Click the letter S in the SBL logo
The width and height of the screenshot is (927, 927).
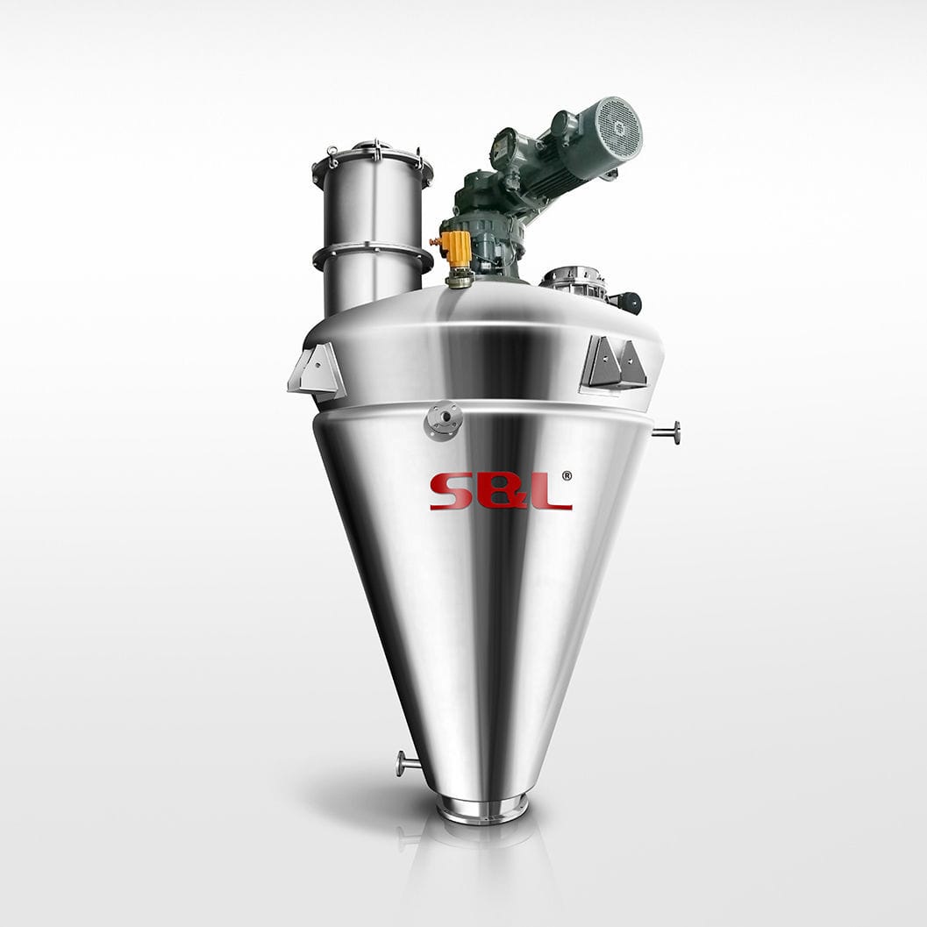click(448, 492)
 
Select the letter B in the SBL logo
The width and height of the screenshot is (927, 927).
click(501, 492)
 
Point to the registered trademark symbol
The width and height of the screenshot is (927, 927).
click(567, 476)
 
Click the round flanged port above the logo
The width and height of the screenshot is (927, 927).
click(444, 419)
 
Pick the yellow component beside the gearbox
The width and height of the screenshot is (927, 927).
click(456, 249)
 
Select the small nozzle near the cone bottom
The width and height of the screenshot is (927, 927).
click(408, 763)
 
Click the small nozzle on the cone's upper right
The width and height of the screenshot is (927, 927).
click(667, 432)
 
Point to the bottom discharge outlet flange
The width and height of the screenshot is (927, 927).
click(482, 808)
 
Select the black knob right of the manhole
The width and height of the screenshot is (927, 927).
click(629, 303)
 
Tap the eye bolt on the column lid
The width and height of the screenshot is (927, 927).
click(332, 155)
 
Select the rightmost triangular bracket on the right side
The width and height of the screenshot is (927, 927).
click(631, 364)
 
